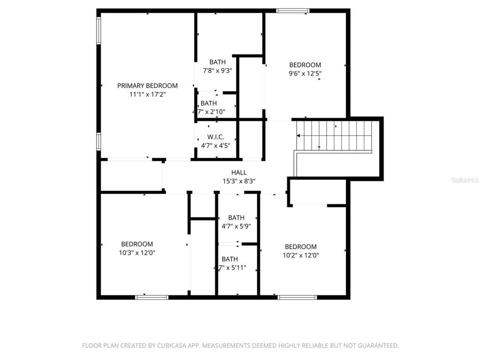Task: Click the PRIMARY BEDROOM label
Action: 147,86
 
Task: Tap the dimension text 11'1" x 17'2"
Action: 147,94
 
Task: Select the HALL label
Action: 239,172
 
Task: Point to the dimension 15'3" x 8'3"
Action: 239,181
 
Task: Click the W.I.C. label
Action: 216,137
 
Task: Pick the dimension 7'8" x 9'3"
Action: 217,71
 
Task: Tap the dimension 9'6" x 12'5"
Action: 305,74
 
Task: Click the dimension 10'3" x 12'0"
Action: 137,253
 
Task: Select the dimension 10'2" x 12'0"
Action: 300,255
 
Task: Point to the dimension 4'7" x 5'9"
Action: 236,226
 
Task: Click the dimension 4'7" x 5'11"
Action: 230,268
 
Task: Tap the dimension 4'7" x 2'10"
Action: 209,112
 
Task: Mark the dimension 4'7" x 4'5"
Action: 216,145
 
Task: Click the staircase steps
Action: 334,135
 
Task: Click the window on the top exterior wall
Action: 292,11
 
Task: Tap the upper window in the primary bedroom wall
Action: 98,30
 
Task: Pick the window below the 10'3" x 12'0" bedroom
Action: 152,297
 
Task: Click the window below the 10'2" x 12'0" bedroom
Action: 297,297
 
